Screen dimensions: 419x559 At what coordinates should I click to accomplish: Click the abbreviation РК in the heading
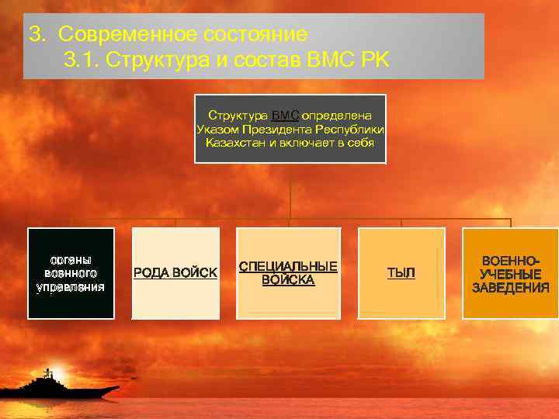(x=375, y=60)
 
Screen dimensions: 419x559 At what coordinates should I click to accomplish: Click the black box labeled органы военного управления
(x=71, y=273)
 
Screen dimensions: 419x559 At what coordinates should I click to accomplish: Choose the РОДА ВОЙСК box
(x=175, y=273)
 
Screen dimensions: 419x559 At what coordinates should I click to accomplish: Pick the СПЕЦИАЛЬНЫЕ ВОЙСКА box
(x=288, y=273)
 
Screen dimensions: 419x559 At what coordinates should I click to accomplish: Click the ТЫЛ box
(x=401, y=273)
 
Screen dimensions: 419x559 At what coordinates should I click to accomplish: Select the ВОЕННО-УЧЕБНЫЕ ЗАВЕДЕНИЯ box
(x=510, y=273)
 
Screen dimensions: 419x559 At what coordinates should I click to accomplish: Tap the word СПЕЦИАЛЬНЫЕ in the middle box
(x=288, y=267)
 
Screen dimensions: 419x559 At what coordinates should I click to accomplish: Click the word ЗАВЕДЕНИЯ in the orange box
(x=511, y=288)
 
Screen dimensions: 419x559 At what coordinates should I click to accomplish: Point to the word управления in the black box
(x=71, y=287)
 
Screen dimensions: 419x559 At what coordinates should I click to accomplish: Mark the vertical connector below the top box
(x=290, y=190)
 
